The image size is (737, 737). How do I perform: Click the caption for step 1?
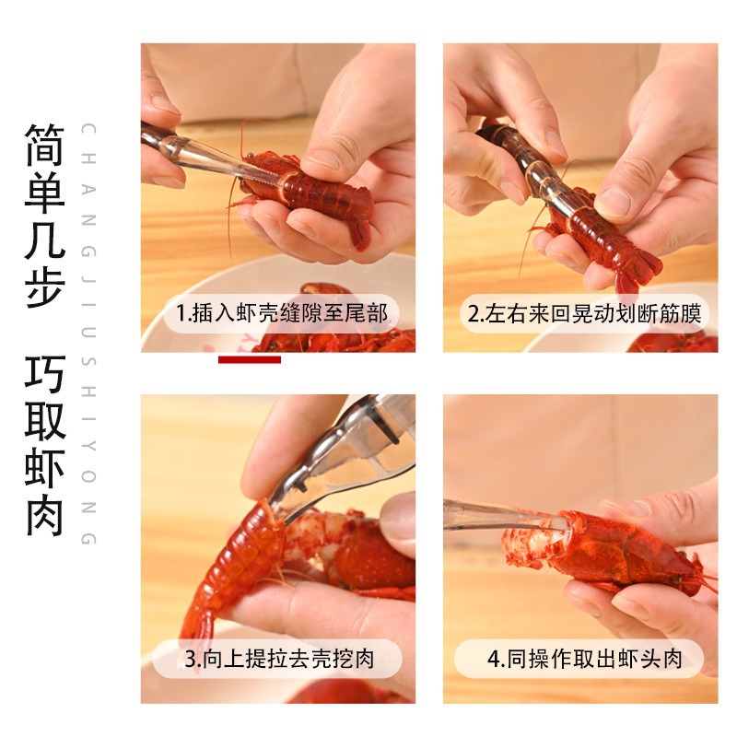click(x=282, y=313)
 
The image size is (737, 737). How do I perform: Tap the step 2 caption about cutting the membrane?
click(x=584, y=313)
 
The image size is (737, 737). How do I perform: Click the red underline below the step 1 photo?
click(x=249, y=359)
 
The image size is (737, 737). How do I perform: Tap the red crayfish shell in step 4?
click(x=626, y=553)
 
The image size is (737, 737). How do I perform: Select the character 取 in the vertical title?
click(x=45, y=421)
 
